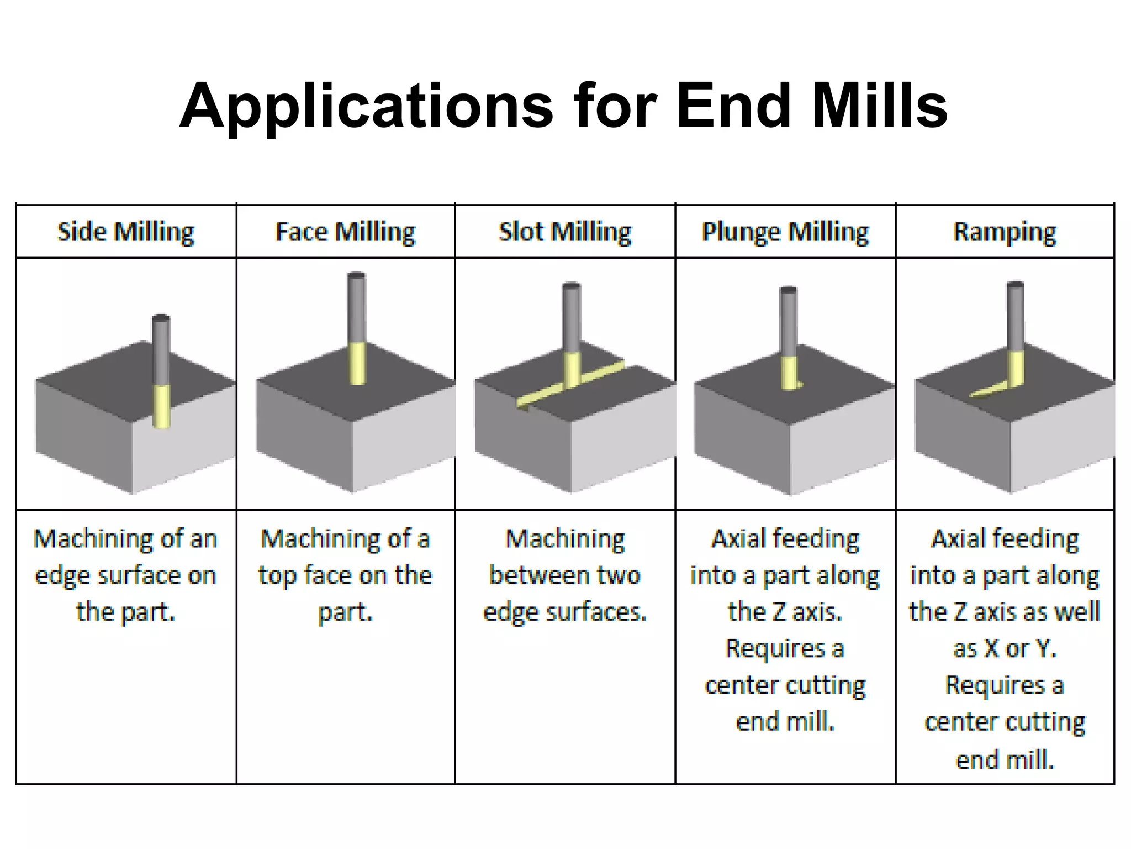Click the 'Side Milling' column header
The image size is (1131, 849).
(x=126, y=232)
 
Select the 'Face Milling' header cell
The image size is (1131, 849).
(x=345, y=232)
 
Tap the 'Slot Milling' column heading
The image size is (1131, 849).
(x=565, y=232)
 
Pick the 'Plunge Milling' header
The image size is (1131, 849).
(x=785, y=232)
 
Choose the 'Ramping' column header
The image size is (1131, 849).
(x=1005, y=232)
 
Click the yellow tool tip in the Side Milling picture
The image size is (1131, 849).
(x=161, y=406)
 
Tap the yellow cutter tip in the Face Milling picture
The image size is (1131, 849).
(x=358, y=363)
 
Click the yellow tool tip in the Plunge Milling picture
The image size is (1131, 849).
(x=790, y=373)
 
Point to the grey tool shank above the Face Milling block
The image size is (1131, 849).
(x=357, y=307)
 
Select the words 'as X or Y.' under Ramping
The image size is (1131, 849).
(x=1005, y=649)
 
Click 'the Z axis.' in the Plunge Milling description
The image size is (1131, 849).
(x=785, y=612)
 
